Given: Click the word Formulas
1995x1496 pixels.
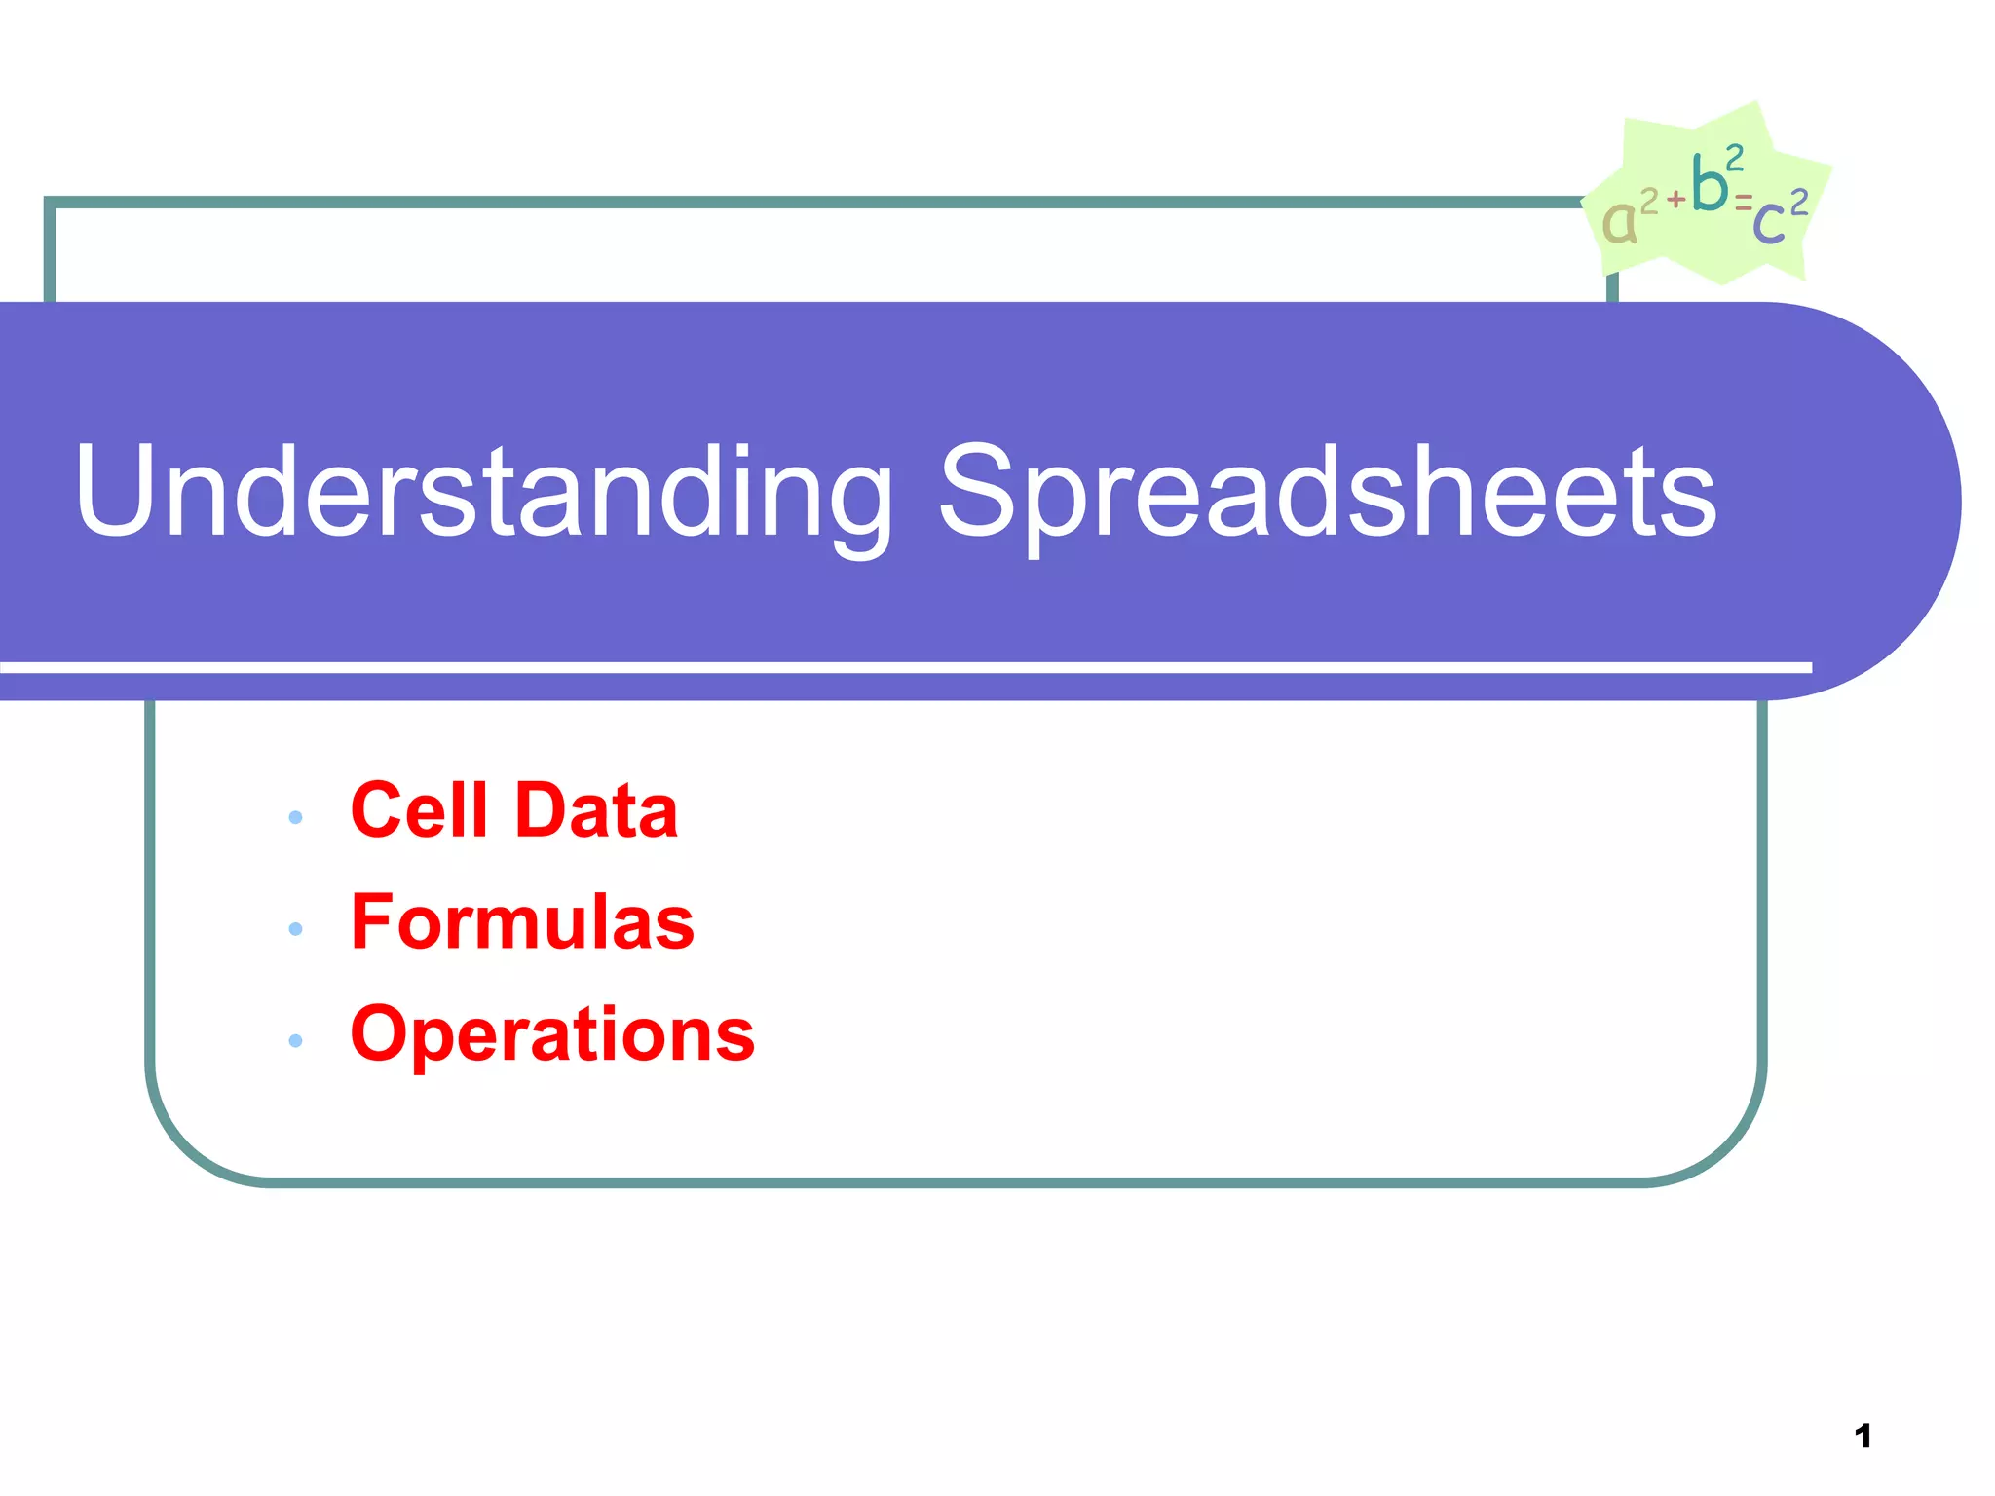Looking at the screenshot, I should click(522, 921).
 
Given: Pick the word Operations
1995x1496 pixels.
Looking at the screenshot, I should click(552, 1033).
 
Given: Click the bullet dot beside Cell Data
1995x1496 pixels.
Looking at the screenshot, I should click(296, 817).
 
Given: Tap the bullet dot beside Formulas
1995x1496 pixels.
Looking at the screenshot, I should click(296, 929).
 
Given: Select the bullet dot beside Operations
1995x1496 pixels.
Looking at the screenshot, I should click(296, 1041).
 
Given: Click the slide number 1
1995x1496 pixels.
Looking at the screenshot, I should click(1863, 1436).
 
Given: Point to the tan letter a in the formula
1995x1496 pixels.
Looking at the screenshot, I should click(1619, 223).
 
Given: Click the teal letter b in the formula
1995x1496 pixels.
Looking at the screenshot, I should click(1709, 183).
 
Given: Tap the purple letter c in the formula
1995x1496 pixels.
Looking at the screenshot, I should click(1769, 223).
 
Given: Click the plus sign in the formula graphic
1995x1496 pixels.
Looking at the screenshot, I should click(1675, 200).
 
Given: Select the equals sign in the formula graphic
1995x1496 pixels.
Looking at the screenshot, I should click(1743, 203).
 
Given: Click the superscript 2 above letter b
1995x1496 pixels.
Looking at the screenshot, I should click(1734, 157).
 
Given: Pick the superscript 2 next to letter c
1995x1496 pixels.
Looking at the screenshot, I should click(1798, 203).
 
